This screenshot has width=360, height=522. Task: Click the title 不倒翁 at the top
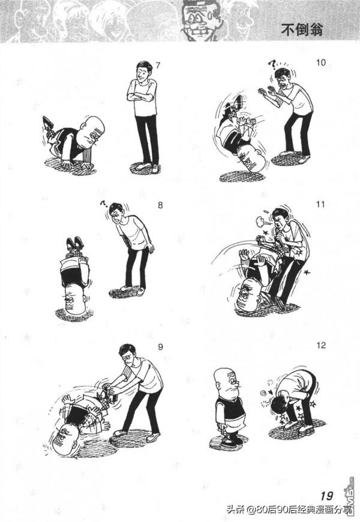(302, 29)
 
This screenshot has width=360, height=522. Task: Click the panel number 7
(158, 65)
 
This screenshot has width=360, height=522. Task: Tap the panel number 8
(160, 205)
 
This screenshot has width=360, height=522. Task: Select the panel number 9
(161, 347)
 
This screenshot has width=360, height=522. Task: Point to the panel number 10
(321, 62)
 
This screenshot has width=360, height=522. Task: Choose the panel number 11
(320, 204)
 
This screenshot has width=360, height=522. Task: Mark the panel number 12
(321, 346)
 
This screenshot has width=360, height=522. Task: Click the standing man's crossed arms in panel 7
(141, 96)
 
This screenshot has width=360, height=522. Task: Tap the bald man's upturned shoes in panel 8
(74, 243)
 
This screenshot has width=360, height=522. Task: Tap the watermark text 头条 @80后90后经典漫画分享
(289, 509)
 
